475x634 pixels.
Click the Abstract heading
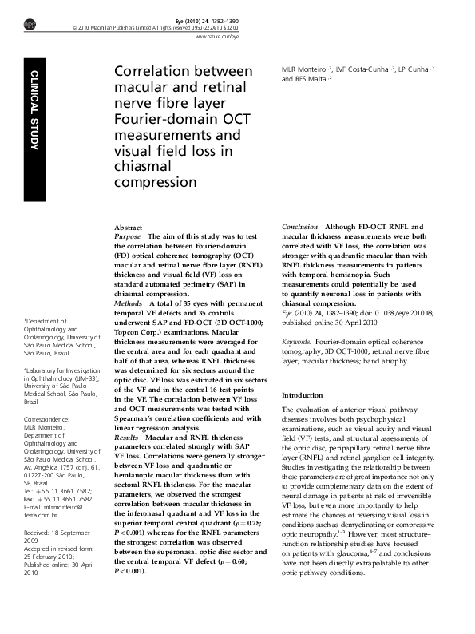tap(129, 228)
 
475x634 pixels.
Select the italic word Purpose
tap(127, 237)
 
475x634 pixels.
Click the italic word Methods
tap(129, 304)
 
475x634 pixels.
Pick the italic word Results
tap(126, 438)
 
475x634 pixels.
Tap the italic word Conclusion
tap(300, 228)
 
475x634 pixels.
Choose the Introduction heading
tap(303, 395)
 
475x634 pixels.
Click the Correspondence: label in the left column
tap(47, 419)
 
